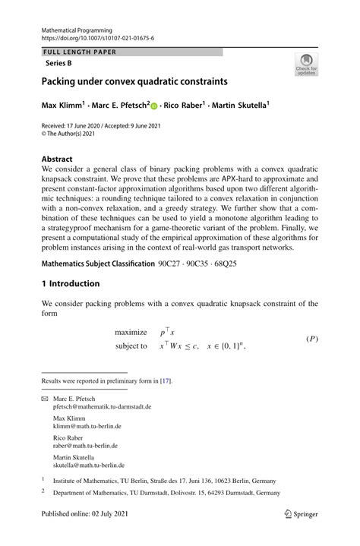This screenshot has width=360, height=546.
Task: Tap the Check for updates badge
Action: pyautogui.click(x=305, y=64)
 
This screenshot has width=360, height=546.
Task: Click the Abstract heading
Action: pyautogui.click(x=58, y=161)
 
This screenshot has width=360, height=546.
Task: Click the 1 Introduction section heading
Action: pyautogui.click(x=71, y=284)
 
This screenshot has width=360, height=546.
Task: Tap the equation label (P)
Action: pyautogui.click(x=311, y=339)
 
